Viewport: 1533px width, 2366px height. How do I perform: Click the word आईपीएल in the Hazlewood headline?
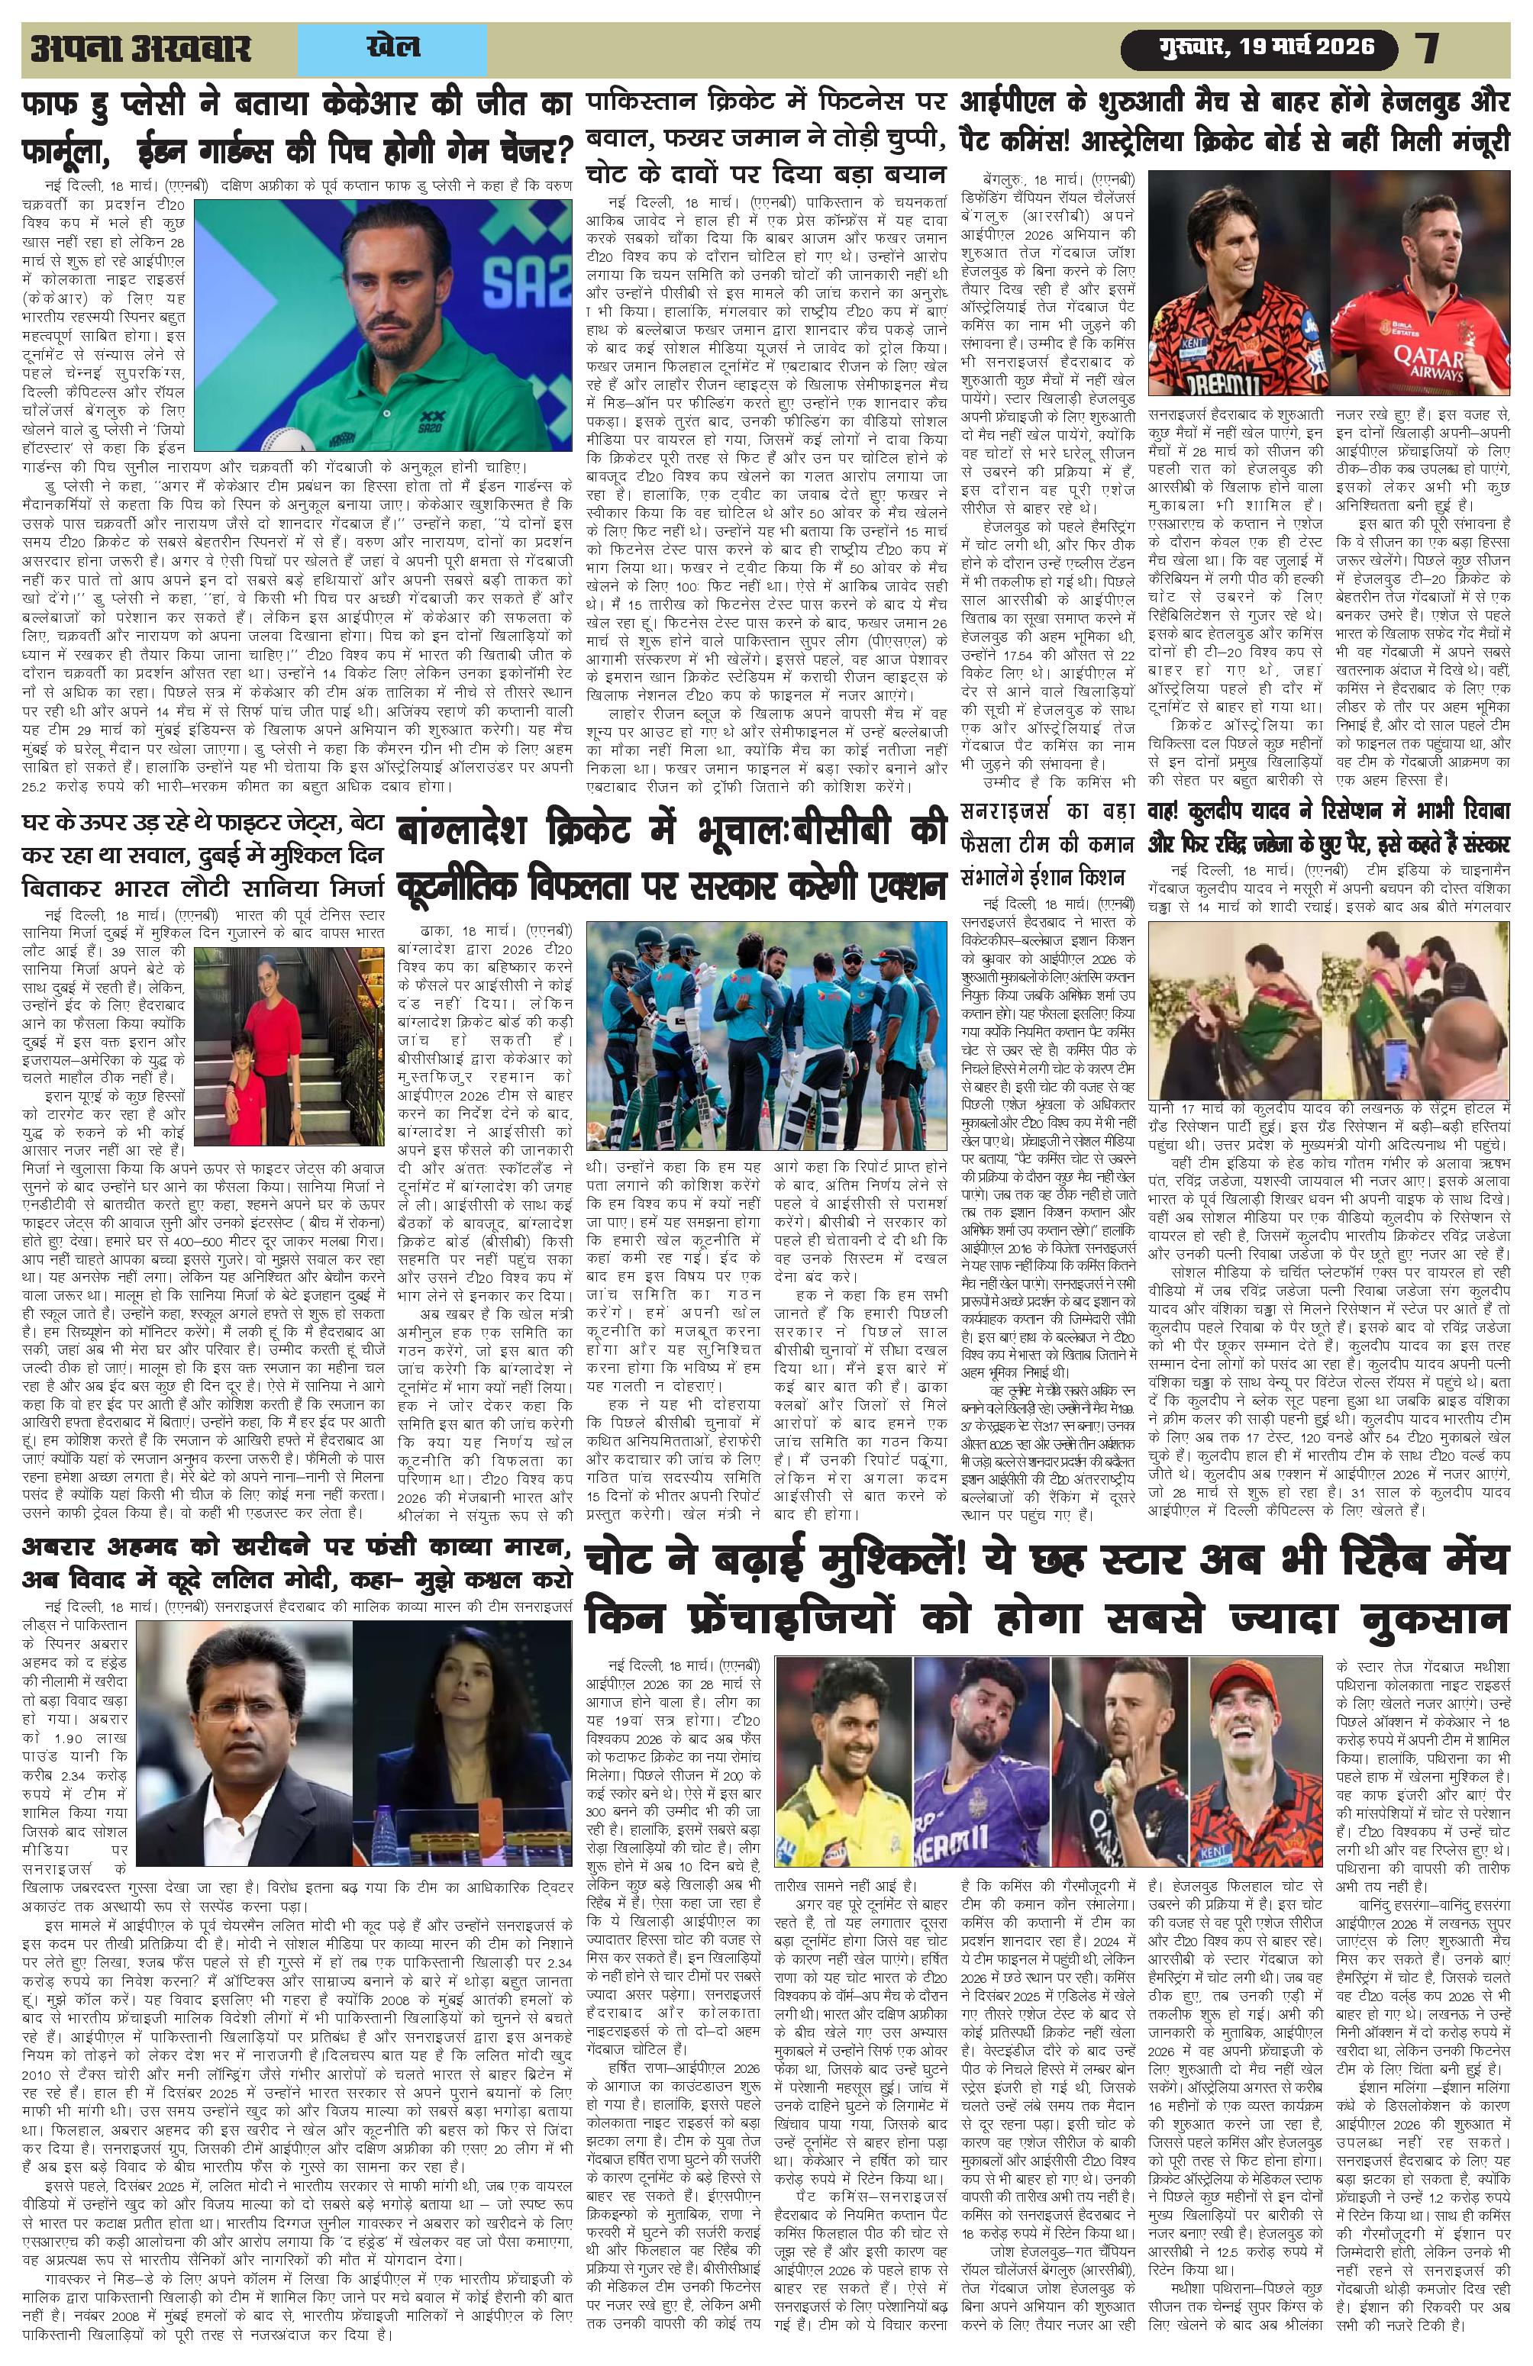pyautogui.click(x=1013, y=102)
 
